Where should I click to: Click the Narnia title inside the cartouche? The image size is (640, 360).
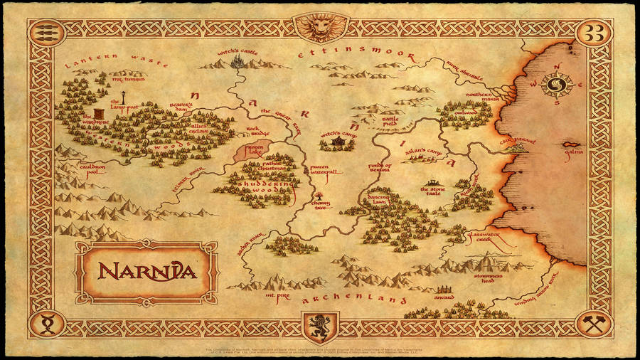pyautogui.click(x=146, y=271)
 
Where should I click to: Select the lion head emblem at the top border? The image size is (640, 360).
pyautogui.click(x=320, y=27)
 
